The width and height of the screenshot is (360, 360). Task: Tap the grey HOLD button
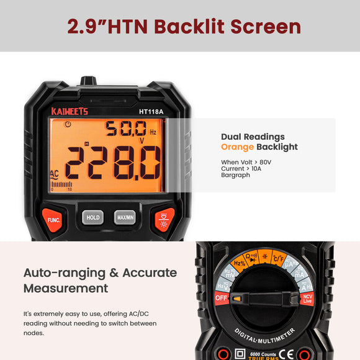tap(92, 217)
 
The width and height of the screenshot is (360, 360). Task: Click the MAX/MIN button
tap(125, 217)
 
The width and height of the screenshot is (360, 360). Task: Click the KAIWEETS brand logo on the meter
tap(70, 112)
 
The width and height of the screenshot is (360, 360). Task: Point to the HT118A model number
tap(151, 112)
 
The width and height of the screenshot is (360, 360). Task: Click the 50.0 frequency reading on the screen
tap(126, 129)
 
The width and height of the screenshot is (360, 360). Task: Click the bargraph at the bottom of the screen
tap(61, 184)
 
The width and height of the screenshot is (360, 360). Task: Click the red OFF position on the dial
tap(222, 298)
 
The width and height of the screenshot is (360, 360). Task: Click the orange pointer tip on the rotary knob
tap(237, 299)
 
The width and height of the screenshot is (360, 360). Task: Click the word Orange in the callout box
tap(237, 147)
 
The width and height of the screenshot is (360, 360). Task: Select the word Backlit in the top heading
tap(189, 27)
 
